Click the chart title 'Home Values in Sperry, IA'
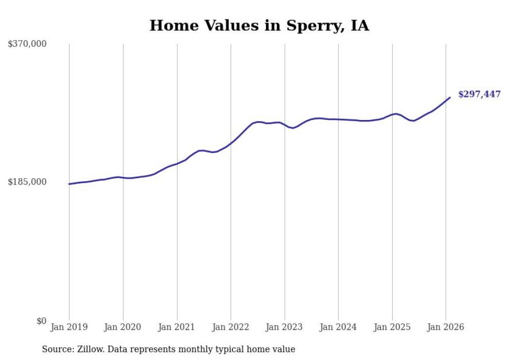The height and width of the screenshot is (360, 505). click(259, 26)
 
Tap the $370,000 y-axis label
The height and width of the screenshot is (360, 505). click(27, 44)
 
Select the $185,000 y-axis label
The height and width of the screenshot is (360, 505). click(27, 182)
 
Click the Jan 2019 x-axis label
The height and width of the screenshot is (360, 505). click(69, 327)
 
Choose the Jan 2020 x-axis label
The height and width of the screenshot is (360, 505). click(123, 327)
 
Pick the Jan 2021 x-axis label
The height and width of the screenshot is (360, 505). click(177, 327)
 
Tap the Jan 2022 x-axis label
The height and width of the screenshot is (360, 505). click(231, 327)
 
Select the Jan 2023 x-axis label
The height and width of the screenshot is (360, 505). click(284, 327)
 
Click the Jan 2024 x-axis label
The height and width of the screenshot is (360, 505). click(339, 327)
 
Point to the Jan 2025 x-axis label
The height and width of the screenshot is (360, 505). click(392, 327)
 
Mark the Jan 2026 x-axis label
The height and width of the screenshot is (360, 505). click(446, 327)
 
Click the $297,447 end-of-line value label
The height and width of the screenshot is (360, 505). click(479, 94)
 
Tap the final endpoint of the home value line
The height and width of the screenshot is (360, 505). click(450, 97)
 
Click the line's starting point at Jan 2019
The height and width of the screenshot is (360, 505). click(69, 184)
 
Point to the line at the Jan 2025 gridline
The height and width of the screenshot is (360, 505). click(392, 114)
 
